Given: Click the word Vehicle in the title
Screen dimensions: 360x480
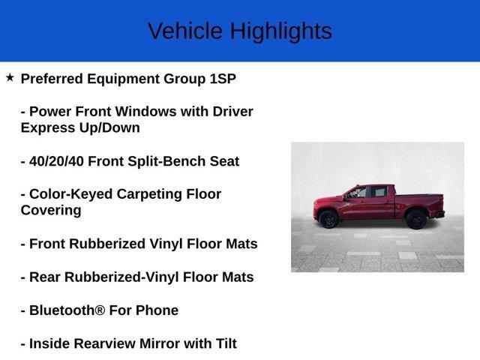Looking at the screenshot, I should pyautogui.click(x=184, y=31).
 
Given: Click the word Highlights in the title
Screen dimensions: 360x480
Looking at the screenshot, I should pyautogui.click(x=280, y=31).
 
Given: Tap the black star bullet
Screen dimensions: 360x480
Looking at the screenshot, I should pyautogui.click(x=10, y=77).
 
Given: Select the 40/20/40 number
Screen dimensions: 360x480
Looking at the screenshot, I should pyautogui.click(x=57, y=161).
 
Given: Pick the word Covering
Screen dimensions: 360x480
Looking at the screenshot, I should pyautogui.click(x=51, y=210).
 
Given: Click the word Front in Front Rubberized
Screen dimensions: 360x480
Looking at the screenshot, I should pyautogui.click(x=49, y=244).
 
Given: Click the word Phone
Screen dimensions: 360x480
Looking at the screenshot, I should pyautogui.click(x=156, y=310).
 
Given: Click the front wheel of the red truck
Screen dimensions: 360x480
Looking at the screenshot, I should pyautogui.click(x=328, y=220).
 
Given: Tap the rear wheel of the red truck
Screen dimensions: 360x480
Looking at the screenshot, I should pyautogui.click(x=416, y=219).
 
